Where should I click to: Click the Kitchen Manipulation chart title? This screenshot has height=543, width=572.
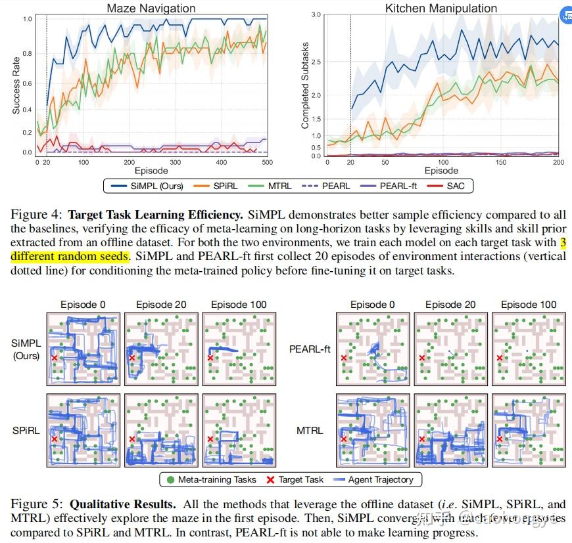click(x=432, y=9)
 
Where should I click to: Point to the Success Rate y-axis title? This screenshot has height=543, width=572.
click(x=16, y=85)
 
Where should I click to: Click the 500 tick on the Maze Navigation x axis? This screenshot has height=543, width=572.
click(x=267, y=162)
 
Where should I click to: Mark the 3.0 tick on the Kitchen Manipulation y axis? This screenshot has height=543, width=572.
click(x=316, y=14)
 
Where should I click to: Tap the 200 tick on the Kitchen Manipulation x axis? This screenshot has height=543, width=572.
click(x=558, y=162)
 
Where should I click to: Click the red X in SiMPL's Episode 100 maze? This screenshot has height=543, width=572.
click(x=210, y=358)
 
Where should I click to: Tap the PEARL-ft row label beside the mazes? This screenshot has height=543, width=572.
click(x=310, y=349)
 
